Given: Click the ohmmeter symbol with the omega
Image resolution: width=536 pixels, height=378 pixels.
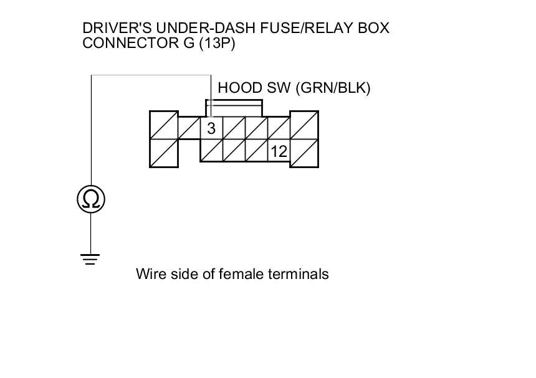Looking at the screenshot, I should [x=91, y=199].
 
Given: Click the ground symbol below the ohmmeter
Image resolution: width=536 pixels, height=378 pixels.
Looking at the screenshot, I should [x=91, y=259].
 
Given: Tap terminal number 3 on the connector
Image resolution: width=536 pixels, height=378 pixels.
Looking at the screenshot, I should [x=211, y=128].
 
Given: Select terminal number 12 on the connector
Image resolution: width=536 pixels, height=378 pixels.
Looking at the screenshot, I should [x=279, y=151].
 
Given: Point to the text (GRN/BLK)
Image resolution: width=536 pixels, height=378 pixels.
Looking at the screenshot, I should [x=333, y=88].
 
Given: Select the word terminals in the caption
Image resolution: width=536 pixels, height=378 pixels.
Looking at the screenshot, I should [x=300, y=274].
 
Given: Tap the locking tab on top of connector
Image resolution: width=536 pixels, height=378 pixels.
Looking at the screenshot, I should [x=233, y=106].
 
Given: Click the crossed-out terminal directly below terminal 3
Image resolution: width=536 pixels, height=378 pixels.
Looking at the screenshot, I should [x=211, y=151].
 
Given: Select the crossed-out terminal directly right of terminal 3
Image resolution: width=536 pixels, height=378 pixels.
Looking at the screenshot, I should [x=234, y=128].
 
